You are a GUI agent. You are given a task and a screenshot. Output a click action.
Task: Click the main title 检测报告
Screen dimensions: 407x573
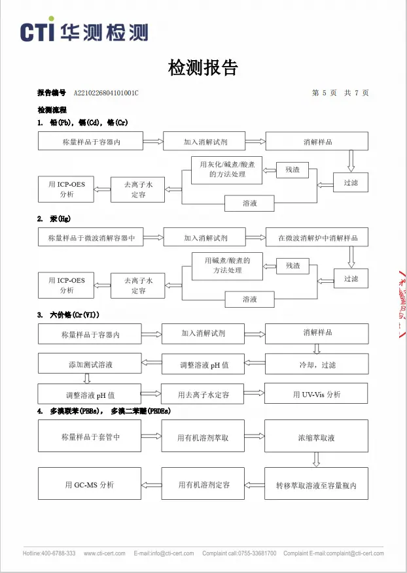[x=203, y=67]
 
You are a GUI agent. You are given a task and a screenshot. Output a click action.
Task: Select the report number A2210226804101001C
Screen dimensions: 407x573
[x=106, y=93]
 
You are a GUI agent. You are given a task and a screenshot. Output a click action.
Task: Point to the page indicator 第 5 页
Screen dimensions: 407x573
[x=325, y=93]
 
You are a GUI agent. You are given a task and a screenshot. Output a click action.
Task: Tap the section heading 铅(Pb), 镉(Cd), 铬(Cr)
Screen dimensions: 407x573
[x=89, y=123]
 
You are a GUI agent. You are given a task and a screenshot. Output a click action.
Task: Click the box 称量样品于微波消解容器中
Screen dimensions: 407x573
[x=91, y=238]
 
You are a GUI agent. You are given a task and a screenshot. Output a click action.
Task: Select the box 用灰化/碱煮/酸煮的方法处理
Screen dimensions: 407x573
[x=227, y=170]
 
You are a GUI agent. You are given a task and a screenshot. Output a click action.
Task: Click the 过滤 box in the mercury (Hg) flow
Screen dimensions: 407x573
[x=351, y=278]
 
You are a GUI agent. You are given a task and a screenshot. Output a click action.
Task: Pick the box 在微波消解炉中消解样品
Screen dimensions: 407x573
[x=317, y=238]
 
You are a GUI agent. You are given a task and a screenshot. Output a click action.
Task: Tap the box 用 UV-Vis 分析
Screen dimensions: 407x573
[x=316, y=393]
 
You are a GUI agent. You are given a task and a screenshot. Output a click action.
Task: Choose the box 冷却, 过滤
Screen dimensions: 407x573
[x=317, y=364]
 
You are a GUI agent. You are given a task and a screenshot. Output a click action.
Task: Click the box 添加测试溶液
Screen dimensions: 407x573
[x=90, y=363]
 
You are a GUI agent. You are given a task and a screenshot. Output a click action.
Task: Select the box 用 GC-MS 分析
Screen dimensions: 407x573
[x=90, y=483]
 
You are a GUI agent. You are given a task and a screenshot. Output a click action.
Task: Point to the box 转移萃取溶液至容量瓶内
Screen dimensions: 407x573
[x=316, y=483]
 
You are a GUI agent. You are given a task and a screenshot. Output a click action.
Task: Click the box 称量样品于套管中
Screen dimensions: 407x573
[x=90, y=436]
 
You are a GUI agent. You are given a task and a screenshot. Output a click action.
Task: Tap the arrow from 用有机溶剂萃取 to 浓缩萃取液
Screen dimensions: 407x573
[x=255, y=436]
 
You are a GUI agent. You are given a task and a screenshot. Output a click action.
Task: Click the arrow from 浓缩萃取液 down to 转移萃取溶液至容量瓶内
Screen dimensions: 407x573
[x=317, y=459]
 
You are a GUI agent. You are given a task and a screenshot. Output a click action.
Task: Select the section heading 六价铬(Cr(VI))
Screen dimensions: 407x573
[x=75, y=315]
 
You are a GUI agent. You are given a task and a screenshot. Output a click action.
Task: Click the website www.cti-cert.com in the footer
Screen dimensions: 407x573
[x=105, y=553]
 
